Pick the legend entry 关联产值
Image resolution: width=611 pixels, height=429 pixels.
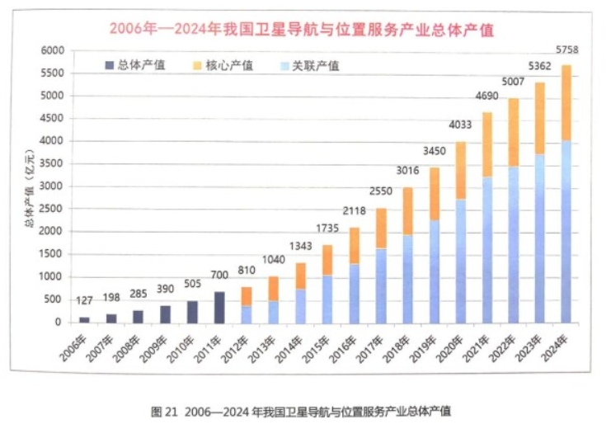[314, 65]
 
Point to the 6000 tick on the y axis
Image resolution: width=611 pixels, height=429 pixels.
[52, 51]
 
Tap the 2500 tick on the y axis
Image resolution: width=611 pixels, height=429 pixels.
[52, 210]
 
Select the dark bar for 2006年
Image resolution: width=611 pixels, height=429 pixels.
[84, 319]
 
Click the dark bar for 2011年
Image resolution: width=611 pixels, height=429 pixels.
[220, 307]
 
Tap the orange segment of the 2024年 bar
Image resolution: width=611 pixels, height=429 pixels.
[566, 102]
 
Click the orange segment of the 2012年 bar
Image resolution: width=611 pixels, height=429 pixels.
[247, 296]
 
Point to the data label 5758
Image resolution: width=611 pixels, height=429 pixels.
[566, 50]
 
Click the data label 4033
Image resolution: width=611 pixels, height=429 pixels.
[458, 126]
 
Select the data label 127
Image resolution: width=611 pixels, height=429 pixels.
[84, 301]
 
